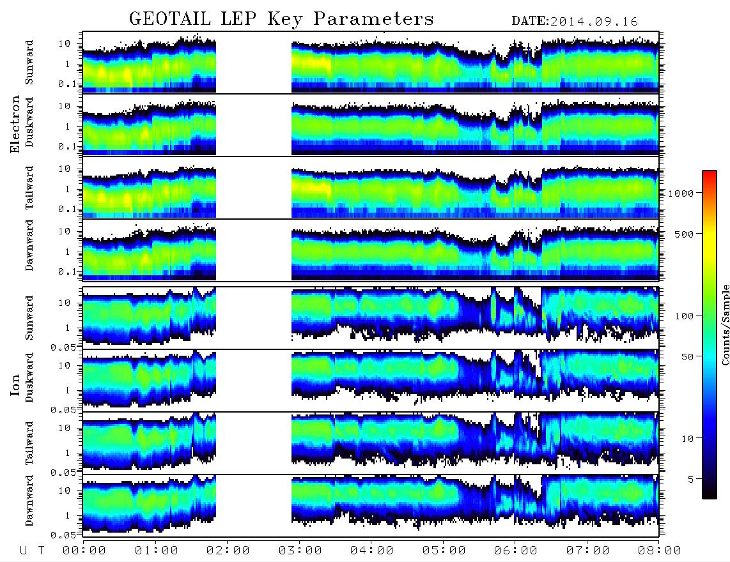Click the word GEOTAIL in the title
pyautogui.click(x=171, y=19)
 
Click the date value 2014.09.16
pyautogui.click(x=594, y=22)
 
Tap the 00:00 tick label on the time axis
pyautogui.click(x=84, y=551)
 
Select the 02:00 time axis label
pyautogui.click(x=228, y=551)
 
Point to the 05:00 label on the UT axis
pyautogui.click(x=444, y=551)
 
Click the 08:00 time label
pyautogui.click(x=660, y=551)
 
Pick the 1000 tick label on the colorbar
pyautogui.click(x=681, y=194)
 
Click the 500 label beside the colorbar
pyautogui.click(x=685, y=234)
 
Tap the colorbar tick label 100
pyautogui.click(x=685, y=316)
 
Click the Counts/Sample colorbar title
pyautogui.click(x=725, y=324)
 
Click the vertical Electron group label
pyautogui.click(x=15, y=125)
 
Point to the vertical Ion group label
pyautogui.click(x=15, y=385)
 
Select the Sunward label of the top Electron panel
pyautogui.click(x=29, y=63)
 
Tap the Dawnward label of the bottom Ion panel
pyautogui.click(x=29, y=501)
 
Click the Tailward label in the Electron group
pyautogui.click(x=29, y=188)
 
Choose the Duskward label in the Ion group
pyautogui.click(x=29, y=377)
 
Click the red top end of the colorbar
pyautogui.click(x=710, y=172)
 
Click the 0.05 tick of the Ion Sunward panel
pyautogui.click(x=66, y=347)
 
